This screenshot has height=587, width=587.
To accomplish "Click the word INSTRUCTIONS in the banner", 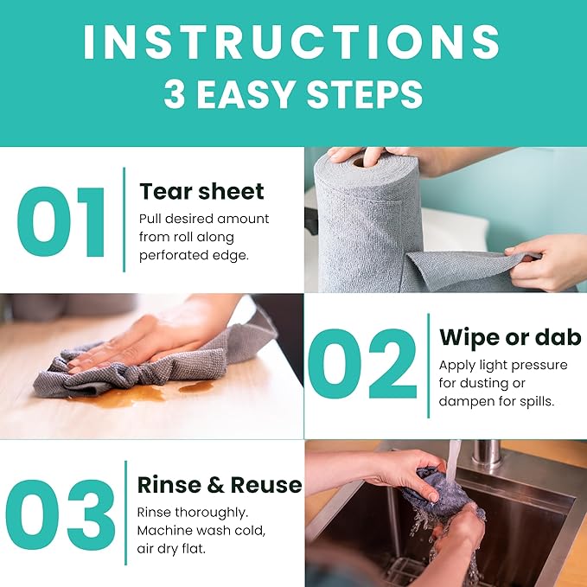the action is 291,41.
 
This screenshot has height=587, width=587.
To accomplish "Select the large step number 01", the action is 61,222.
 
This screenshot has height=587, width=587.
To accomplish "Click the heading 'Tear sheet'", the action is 201,191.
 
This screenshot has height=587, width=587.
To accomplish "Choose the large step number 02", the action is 362,363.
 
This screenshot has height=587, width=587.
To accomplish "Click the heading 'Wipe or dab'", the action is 510,337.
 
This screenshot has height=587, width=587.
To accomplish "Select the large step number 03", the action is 61,515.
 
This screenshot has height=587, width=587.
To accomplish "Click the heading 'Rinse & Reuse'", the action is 220,485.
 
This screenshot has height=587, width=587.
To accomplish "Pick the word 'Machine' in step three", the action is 164,531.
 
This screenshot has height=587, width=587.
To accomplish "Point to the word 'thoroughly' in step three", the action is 212,513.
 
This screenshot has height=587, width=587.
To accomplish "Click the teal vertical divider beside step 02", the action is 428,366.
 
